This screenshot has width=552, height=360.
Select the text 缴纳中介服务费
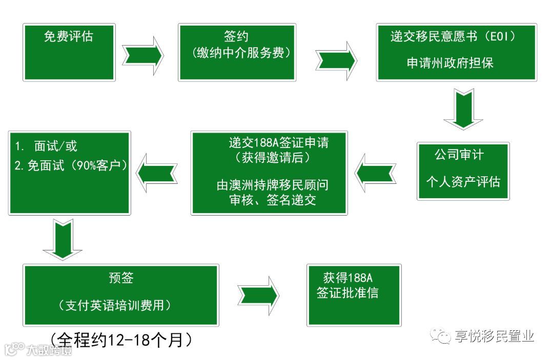pos(237,53)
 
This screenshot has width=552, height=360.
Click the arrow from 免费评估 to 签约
pos(143,53)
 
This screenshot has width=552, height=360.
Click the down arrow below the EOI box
pos(463,109)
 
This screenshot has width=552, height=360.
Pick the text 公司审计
pos(459,154)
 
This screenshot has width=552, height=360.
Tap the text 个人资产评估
pos(463,181)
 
